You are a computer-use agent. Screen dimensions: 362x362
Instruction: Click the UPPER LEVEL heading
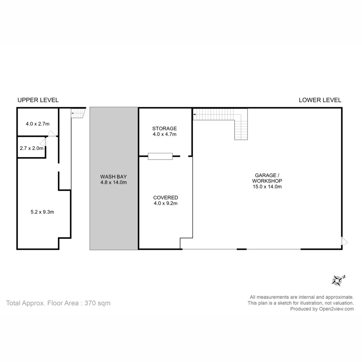pyautogui.click(x=38, y=100)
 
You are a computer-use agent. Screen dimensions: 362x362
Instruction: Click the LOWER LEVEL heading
pyautogui.click(x=320, y=100)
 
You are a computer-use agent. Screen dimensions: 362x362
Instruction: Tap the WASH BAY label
pyautogui.click(x=114, y=177)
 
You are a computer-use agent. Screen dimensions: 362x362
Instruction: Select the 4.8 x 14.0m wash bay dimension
pyautogui.click(x=114, y=183)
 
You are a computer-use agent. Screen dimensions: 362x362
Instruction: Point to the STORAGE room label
pyautogui.click(x=164, y=128)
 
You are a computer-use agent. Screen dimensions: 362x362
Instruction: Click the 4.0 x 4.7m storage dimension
pyautogui.click(x=164, y=134)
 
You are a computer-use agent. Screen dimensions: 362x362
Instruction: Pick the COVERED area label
pyautogui.click(x=166, y=197)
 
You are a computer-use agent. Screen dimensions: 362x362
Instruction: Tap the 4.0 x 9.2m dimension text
pyautogui.click(x=166, y=203)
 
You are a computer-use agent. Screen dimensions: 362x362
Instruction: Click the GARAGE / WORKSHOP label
pyautogui.click(x=267, y=178)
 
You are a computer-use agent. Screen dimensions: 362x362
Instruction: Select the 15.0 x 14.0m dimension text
pyautogui.click(x=267, y=187)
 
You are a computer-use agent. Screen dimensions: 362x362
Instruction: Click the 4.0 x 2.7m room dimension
pyautogui.click(x=38, y=124)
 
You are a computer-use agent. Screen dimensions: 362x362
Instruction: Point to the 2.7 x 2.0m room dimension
pyautogui.click(x=32, y=148)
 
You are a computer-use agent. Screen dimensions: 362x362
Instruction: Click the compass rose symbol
pyautogui.click(x=338, y=280)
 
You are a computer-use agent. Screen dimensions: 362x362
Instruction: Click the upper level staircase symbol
pyautogui.click(x=77, y=113)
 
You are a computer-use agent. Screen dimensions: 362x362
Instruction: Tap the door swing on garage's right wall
pyautogui.click(x=345, y=241)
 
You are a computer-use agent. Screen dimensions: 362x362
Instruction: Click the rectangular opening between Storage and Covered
pyautogui.click(x=160, y=156)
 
